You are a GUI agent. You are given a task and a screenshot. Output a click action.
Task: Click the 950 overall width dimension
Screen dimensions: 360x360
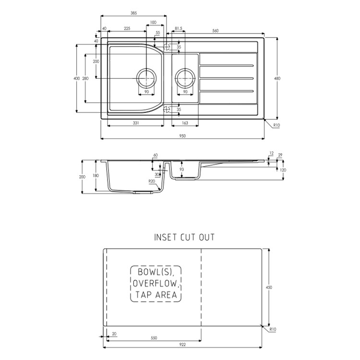pos(182,136)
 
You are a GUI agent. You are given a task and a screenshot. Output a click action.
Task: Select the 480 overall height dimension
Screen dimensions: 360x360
pos(277,78)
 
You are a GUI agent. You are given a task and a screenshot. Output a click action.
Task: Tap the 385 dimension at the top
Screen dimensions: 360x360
pos(133,13)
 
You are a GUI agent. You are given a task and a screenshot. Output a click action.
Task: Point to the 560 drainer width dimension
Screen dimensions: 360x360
pos(216,31)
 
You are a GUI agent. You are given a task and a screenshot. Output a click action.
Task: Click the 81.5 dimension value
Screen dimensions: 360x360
pos(179,28)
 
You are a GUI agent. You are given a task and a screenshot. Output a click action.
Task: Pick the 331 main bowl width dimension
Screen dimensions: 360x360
pos(136,123)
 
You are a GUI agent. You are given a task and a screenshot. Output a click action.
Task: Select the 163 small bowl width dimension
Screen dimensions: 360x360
pos(185,123)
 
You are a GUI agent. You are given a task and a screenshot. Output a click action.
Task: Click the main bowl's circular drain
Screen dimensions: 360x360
pos(146,78)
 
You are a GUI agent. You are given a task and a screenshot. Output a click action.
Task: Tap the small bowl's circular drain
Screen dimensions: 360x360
pos(185,78)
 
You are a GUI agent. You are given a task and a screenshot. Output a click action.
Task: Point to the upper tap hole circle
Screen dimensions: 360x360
pos(167,47)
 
